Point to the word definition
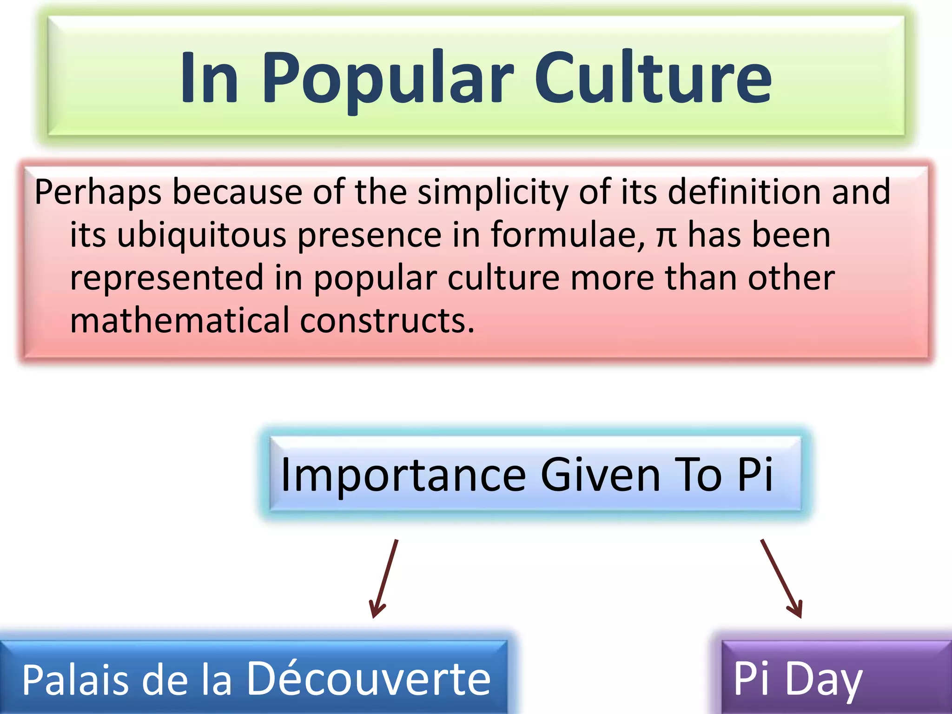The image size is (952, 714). pyautogui.click(x=744, y=192)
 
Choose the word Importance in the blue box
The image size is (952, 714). pyautogui.click(x=403, y=475)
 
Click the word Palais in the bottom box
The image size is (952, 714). pyautogui.click(x=75, y=680)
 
